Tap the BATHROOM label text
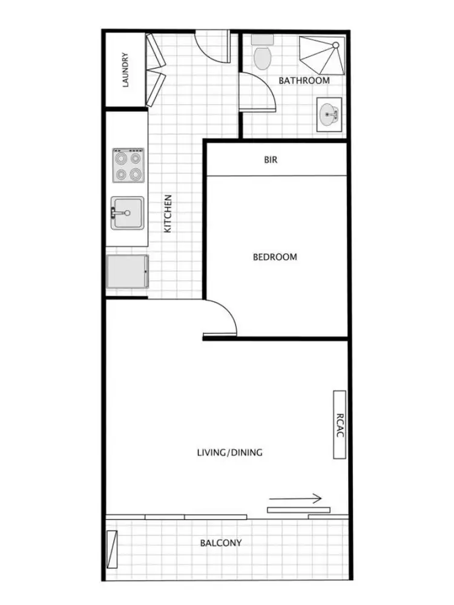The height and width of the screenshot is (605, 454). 304,80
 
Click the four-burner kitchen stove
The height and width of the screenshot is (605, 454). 128,166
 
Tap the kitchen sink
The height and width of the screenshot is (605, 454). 128,213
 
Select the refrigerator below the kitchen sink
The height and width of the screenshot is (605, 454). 127,272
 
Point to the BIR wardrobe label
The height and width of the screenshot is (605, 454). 271,160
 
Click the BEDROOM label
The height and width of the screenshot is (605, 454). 275,257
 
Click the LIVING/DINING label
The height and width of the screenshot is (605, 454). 230,453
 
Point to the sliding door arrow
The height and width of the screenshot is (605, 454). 295,500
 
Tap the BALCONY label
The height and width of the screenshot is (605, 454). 221,543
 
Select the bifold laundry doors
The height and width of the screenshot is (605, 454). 155,70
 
